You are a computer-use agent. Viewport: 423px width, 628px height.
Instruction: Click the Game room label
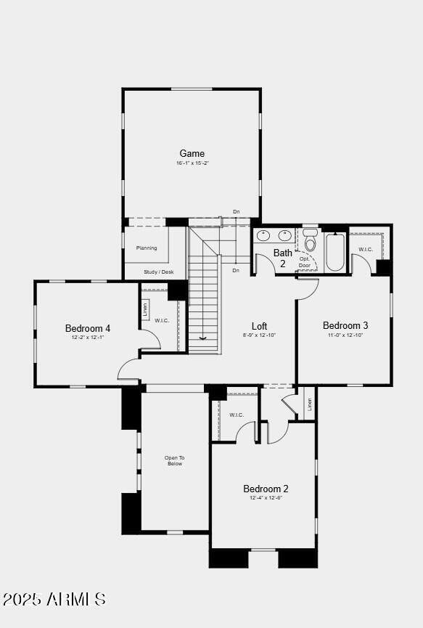[x=192, y=153]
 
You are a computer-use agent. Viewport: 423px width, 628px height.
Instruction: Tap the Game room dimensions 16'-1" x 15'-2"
[x=192, y=163]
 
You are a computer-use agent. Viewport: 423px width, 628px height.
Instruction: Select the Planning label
[x=147, y=248]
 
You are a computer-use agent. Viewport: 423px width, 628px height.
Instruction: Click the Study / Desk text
[x=158, y=272]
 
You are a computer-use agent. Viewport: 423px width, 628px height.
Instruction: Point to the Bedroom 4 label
[x=88, y=328]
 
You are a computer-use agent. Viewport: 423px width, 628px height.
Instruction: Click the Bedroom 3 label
[x=345, y=325]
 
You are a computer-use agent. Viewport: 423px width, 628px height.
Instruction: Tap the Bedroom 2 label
[x=266, y=489]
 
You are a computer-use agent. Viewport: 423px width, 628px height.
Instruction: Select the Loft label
[x=259, y=326]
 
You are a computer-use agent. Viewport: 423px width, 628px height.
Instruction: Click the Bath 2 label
[x=283, y=258]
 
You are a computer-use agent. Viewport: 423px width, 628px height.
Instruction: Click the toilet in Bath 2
[x=311, y=241]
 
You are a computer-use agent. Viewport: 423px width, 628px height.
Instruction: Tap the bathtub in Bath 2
[x=335, y=251]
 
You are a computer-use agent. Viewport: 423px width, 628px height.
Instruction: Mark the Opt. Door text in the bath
[x=305, y=262]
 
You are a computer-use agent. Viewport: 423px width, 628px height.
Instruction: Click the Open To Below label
[x=174, y=460]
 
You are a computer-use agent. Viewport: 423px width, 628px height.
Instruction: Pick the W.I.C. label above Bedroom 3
[x=366, y=250]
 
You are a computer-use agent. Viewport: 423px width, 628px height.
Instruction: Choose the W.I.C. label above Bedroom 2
[x=237, y=415]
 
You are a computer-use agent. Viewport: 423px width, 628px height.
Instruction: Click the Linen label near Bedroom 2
[x=310, y=404]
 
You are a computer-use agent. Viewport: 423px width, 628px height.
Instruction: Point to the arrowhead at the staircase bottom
[x=203, y=337]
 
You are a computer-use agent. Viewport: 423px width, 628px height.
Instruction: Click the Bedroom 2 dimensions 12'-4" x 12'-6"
[x=266, y=498]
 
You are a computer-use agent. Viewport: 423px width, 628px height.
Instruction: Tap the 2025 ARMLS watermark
[x=54, y=599]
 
